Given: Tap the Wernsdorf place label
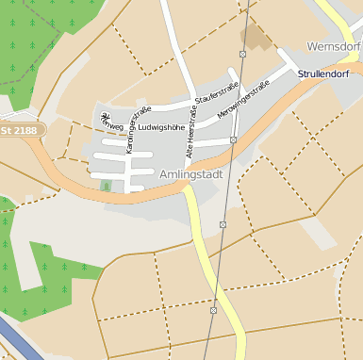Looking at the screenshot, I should point(335,46).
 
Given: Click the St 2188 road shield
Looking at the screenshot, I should point(20,129).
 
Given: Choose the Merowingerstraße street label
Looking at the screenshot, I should point(243,99).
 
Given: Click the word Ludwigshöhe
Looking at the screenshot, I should point(161,125).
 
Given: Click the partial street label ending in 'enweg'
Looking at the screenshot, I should point(110,124).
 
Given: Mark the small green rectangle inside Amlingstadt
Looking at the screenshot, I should point(106,185).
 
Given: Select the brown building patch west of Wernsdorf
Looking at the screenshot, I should point(255,39).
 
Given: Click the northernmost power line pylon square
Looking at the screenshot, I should point(243,55).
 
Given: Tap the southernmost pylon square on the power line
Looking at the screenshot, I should point(214,309).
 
